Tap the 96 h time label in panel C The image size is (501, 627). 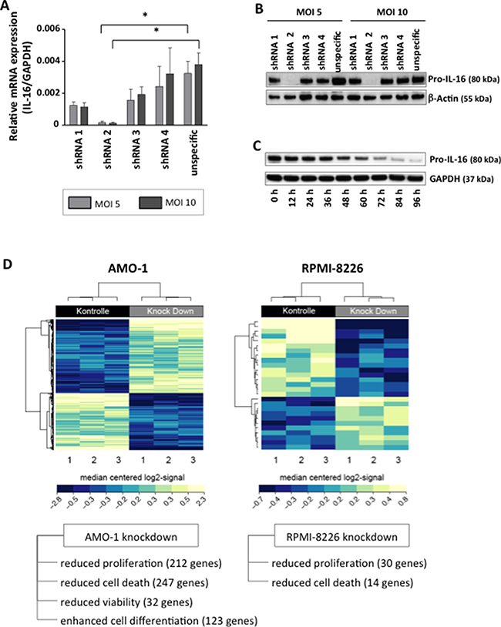pos(415,203)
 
